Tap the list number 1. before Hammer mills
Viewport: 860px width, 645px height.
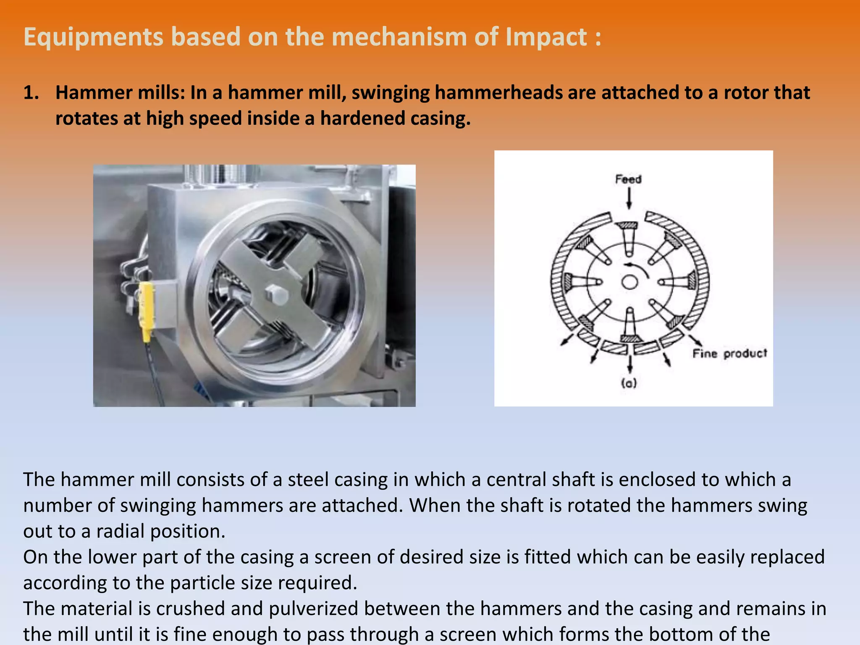(x=31, y=93)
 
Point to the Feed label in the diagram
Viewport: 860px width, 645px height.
(x=628, y=179)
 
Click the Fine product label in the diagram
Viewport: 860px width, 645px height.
(x=729, y=354)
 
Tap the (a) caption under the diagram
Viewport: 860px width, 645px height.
(x=629, y=383)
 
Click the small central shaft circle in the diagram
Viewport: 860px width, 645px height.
(x=629, y=282)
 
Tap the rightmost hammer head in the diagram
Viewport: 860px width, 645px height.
(x=691, y=281)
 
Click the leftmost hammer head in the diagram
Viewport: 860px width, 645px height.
(x=568, y=281)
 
